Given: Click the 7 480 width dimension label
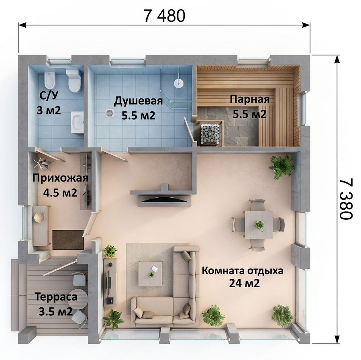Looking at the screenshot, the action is pos(164,16).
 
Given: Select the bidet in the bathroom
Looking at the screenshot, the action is pos(50,80).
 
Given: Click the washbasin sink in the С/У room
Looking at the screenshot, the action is pos(78,122).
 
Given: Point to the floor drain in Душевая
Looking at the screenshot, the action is pos(110,113).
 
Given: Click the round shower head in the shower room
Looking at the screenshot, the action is pos(178,83).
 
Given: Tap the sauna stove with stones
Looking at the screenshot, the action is pos(209,134).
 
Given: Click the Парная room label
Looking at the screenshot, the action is pos(250,99).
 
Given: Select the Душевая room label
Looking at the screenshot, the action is pos(139,101).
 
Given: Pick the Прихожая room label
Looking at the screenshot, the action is pos(60,178).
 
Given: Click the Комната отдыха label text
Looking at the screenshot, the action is pos(243,271).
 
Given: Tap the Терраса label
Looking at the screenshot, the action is pos(56,297).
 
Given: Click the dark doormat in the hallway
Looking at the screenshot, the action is pos(68,239).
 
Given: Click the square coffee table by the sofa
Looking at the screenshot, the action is pos(150,274).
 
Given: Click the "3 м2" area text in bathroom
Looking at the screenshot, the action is pos(49,111).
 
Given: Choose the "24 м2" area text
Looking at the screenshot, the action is pos(244,283).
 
